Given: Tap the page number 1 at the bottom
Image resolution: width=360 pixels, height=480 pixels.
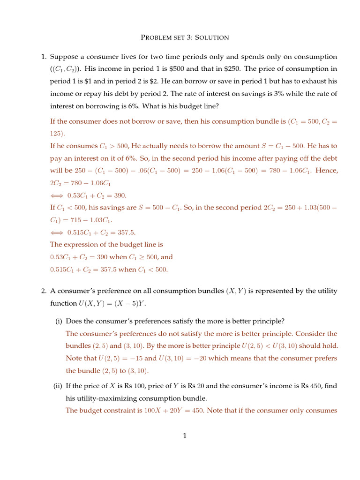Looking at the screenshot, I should pos(185,436).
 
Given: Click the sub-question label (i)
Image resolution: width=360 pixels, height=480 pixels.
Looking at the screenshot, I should pos(59,322).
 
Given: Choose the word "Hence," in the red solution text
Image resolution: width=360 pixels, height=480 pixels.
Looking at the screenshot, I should pos(326,171).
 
